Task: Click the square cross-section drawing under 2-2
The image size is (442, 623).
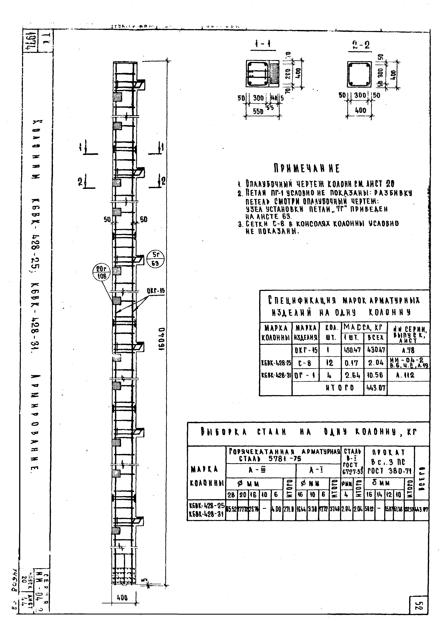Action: point(359,74)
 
